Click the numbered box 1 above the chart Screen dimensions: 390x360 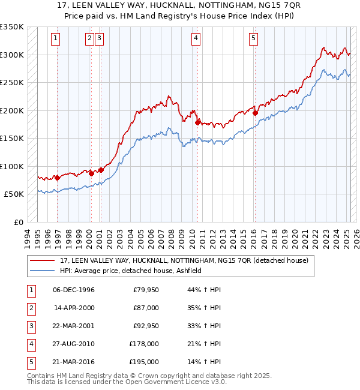(55, 38)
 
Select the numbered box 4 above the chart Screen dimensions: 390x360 (196, 38)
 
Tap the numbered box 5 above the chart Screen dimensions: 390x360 (253, 38)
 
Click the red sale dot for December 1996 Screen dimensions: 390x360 (57, 178)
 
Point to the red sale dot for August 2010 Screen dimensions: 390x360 (197, 122)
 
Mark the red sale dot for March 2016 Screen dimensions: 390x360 (255, 113)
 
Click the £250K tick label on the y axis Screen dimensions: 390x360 (12, 83)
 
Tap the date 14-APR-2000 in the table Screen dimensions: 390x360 (74, 308)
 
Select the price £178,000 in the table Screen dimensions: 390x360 (144, 344)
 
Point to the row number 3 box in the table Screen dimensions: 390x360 (30, 326)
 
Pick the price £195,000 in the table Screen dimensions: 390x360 (144, 362)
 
